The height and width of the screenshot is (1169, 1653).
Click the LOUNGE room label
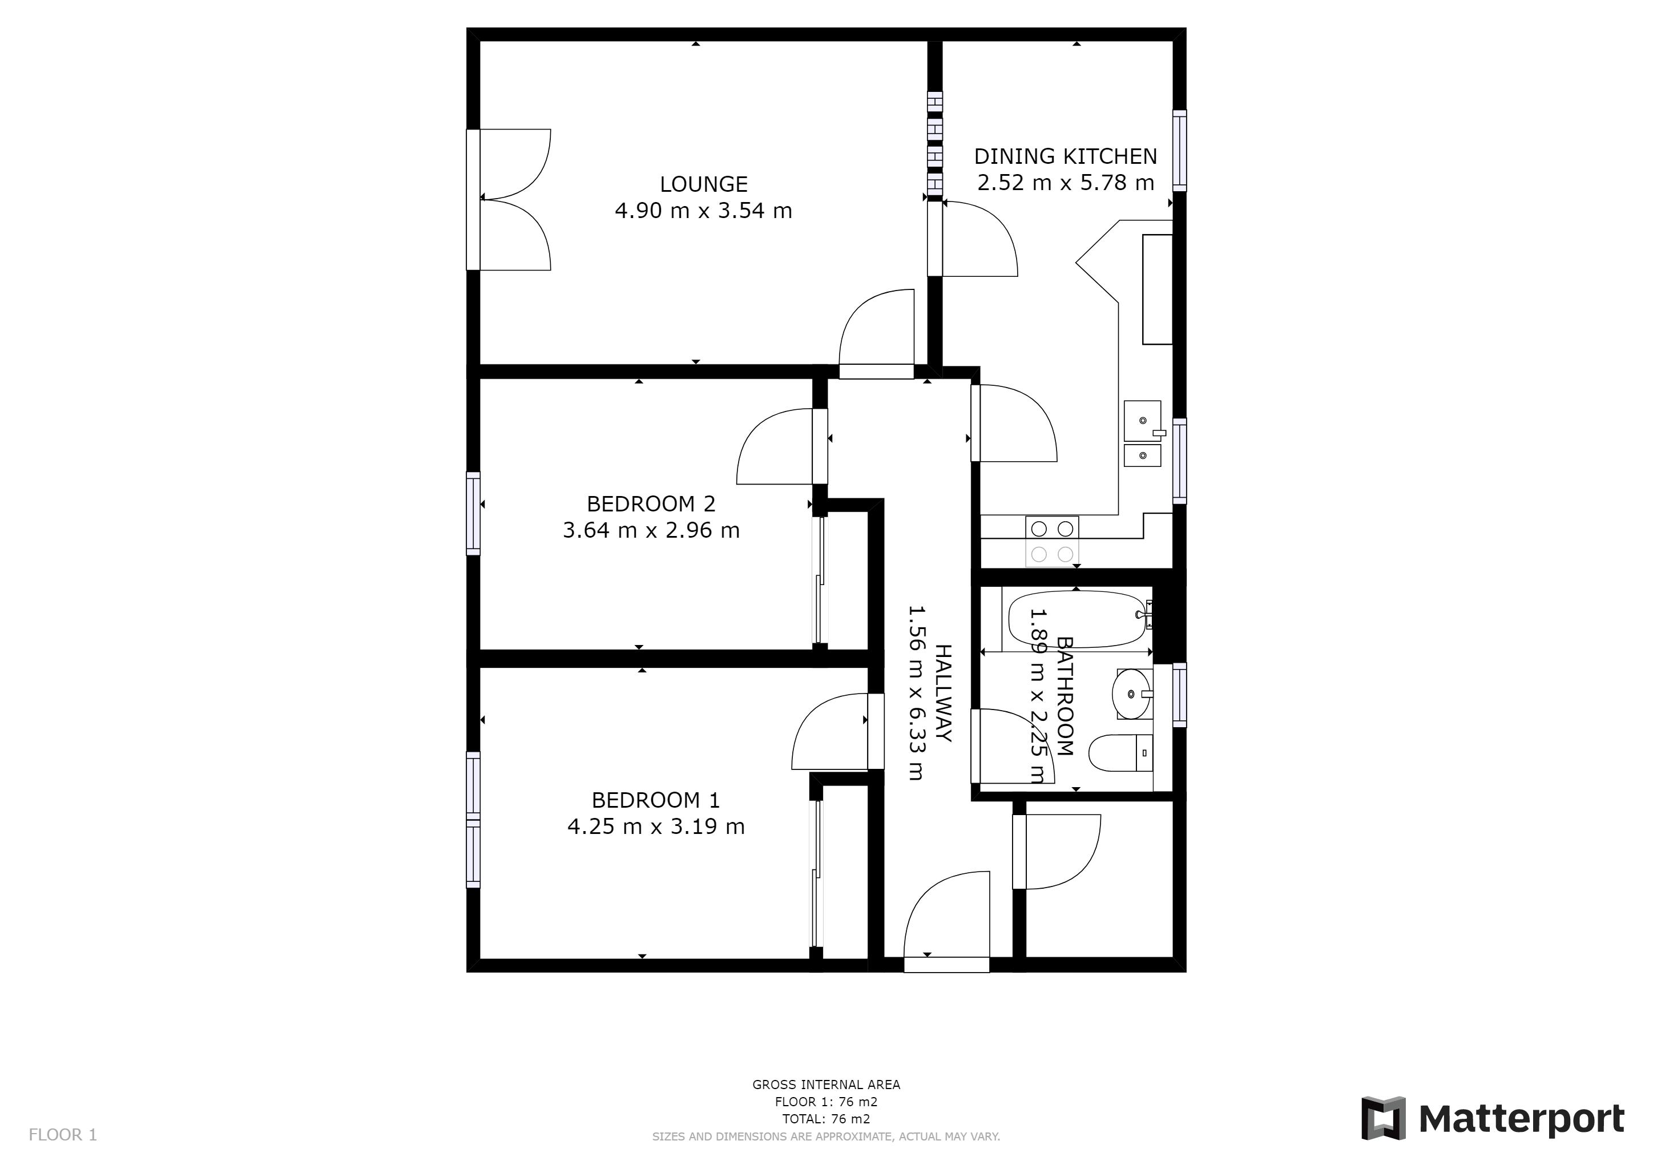click(x=703, y=184)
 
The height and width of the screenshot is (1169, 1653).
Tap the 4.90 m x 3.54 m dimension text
click(x=703, y=211)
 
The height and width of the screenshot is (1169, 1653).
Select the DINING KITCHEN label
click(x=1066, y=156)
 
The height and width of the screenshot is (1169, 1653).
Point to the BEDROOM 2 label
click(x=651, y=504)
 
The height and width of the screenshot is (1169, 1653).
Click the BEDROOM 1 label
click(x=655, y=800)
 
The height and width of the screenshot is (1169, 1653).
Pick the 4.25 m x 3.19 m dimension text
click(x=656, y=827)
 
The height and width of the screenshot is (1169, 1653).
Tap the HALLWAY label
click(x=943, y=692)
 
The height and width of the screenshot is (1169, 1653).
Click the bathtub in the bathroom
click(x=1078, y=619)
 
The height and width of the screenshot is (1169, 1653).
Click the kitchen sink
click(x=1143, y=433)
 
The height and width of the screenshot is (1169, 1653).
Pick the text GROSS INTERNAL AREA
click(x=826, y=1085)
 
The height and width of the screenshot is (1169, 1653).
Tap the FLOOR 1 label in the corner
click(x=63, y=1135)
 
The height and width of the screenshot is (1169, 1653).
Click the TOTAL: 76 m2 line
click(x=826, y=1119)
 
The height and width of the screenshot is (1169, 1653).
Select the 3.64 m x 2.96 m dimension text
click(x=651, y=530)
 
